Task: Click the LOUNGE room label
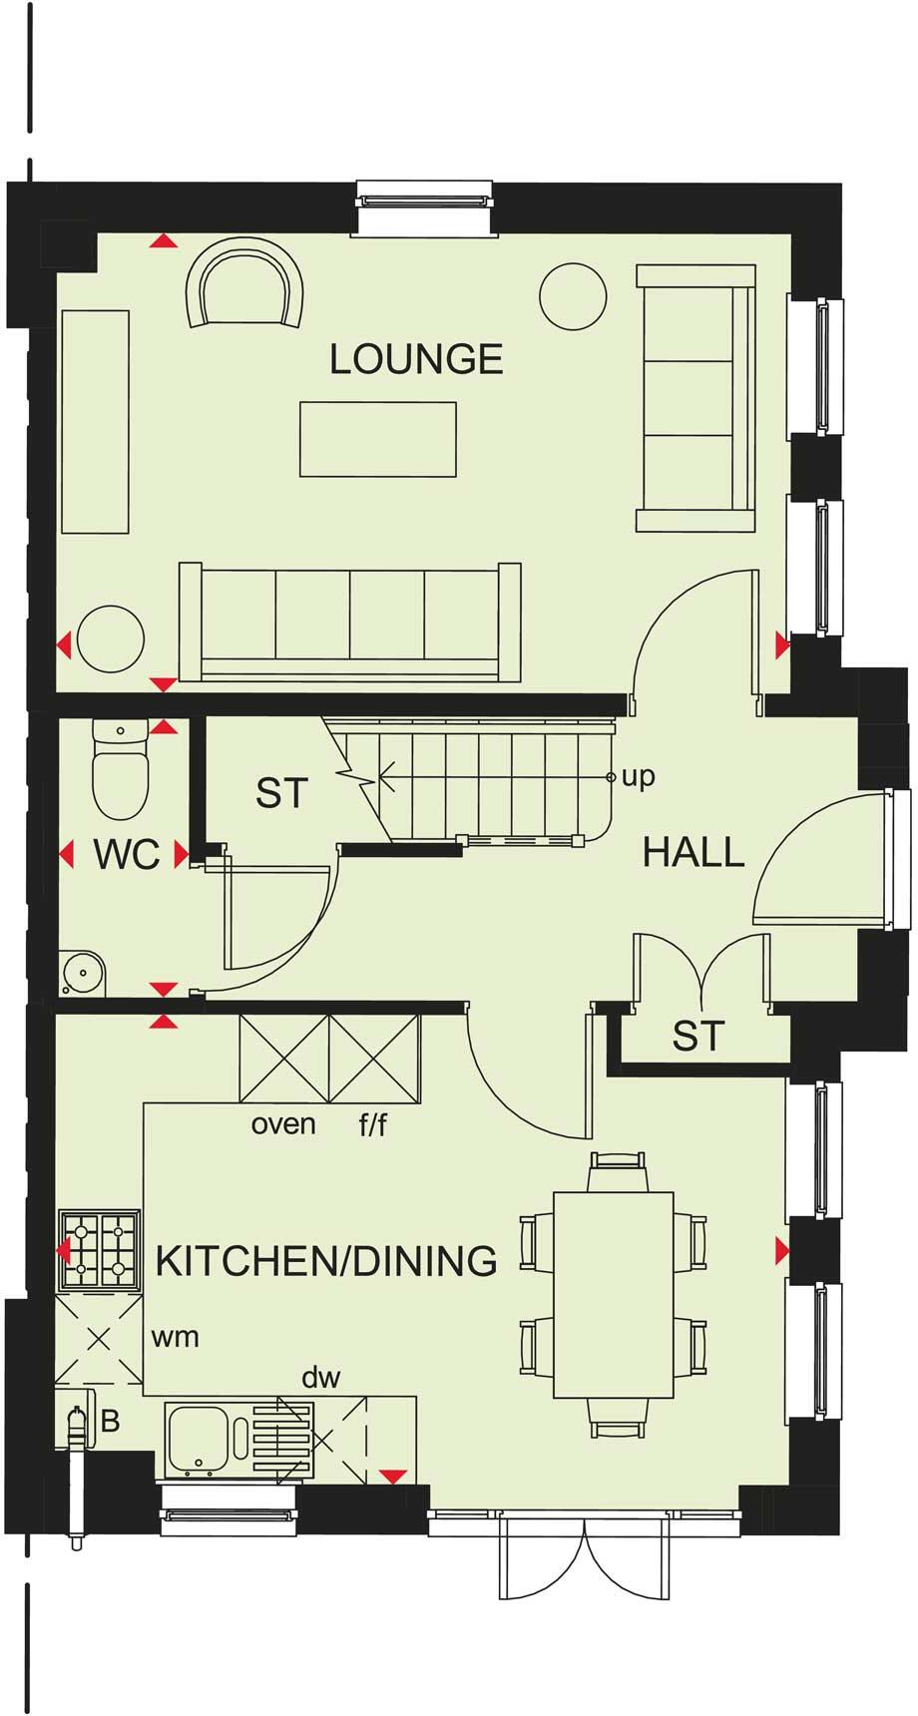[416, 359]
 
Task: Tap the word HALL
[693, 852]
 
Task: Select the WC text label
[127, 855]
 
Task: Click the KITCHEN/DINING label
[326, 1261]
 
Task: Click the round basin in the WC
[82, 971]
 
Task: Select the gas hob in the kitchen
[98, 1249]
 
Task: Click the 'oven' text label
[283, 1124]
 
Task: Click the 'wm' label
[175, 1337]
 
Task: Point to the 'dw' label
[321, 1378]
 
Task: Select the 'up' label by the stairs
[639, 776]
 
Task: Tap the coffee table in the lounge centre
[378, 439]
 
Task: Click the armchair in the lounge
[245, 286]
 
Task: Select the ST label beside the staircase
[281, 793]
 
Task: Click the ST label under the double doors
[696, 1037]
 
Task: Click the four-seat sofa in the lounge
[349, 624]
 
